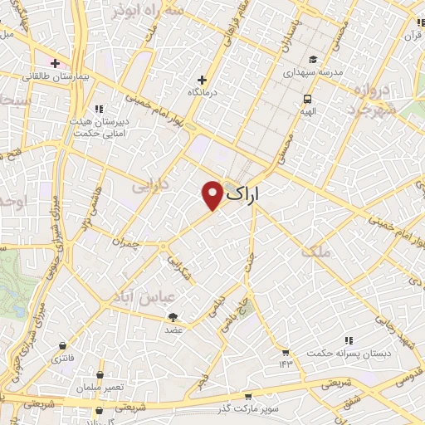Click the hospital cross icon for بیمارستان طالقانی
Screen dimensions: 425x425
(x=56, y=62)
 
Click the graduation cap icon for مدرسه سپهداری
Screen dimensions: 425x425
(x=314, y=59)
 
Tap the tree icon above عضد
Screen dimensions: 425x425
(x=173, y=317)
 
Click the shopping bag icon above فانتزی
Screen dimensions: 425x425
(x=63, y=346)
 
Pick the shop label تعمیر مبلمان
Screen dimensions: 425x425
(x=100, y=388)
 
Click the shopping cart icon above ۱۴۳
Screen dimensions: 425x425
(x=286, y=352)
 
